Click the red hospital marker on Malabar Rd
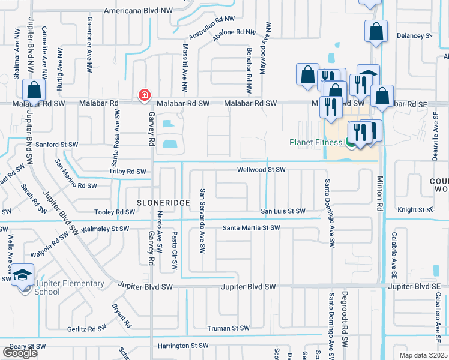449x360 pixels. coord(144,95)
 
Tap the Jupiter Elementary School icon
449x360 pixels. coord(23,276)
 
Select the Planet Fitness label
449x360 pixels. coord(316,142)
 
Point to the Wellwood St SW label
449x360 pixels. coord(261,170)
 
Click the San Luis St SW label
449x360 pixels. coord(282,211)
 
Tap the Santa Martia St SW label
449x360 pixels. coord(252,228)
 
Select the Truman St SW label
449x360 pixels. coord(228,328)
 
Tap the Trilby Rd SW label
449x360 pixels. coord(127,172)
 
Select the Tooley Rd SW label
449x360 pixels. coord(115,212)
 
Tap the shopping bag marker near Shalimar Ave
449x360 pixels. coord(34,91)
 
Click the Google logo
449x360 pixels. coord(20,352)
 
